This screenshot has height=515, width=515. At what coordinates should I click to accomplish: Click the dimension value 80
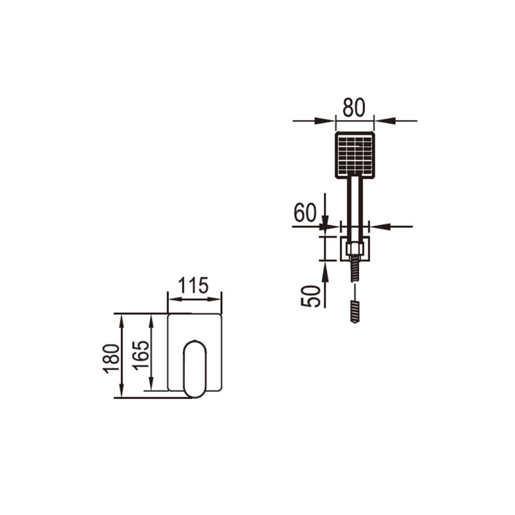pos(353,108)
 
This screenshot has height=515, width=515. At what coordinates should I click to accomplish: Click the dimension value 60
pos(304,212)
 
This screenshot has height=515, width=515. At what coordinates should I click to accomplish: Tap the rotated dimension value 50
pos(310,297)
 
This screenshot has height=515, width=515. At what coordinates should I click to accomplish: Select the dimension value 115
pos(194,285)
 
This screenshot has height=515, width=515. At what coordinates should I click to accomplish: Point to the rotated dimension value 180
pos(111,359)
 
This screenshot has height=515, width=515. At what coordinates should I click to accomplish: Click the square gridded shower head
pos(355,155)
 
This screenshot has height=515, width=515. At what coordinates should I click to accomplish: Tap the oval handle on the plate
pos(195,369)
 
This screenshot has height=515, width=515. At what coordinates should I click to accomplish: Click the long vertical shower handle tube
pos(355,207)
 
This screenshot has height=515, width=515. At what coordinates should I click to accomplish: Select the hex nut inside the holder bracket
pos(355,248)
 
